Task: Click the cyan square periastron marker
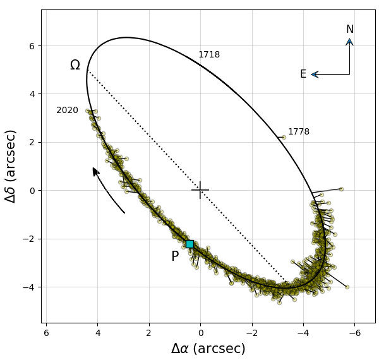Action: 189,244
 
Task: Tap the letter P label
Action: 175,257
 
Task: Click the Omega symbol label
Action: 75,66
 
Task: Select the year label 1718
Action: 209,55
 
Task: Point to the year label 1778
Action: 299,132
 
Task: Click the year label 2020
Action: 67,111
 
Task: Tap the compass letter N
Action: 349,30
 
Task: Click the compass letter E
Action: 303,75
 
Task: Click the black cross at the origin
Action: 200,190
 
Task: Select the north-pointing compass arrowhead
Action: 349,42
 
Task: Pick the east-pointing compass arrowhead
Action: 314,75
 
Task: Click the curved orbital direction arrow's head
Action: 95,171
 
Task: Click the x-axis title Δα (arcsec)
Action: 208,349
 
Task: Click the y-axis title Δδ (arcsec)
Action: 11,165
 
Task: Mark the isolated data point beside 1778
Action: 284,137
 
